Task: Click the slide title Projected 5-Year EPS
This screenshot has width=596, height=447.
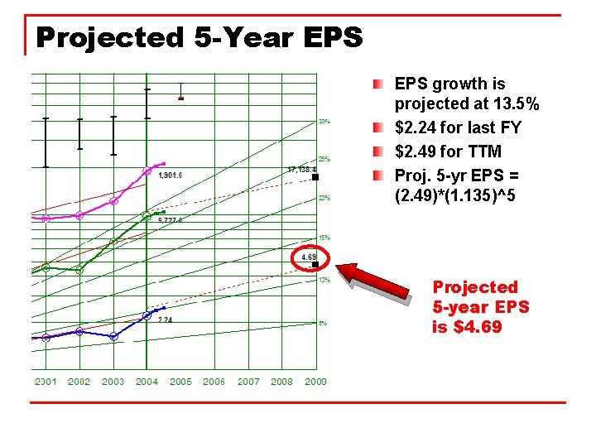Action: click(x=199, y=38)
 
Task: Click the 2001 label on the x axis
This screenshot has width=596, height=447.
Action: click(x=46, y=382)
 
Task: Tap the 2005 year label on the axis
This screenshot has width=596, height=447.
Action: click(x=180, y=382)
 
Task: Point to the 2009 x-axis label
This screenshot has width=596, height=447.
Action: click(x=315, y=382)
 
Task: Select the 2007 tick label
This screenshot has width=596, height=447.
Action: click(x=248, y=382)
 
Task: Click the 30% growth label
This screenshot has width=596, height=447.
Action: click(x=324, y=122)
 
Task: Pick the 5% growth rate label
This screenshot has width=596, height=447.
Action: click(x=323, y=323)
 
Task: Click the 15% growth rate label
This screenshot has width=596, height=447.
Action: click(x=324, y=238)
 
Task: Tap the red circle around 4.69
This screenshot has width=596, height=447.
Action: click(x=311, y=258)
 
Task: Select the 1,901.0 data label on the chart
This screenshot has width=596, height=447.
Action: click(x=171, y=175)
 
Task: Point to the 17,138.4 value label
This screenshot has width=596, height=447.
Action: click(x=301, y=170)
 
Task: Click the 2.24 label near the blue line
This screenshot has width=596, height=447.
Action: click(x=166, y=320)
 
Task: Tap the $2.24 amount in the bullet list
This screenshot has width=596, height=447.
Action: click(x=413, y=128)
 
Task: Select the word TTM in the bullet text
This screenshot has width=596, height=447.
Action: click(x=485, y=152)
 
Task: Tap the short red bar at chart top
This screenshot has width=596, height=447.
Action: click(x=181, y=99)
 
